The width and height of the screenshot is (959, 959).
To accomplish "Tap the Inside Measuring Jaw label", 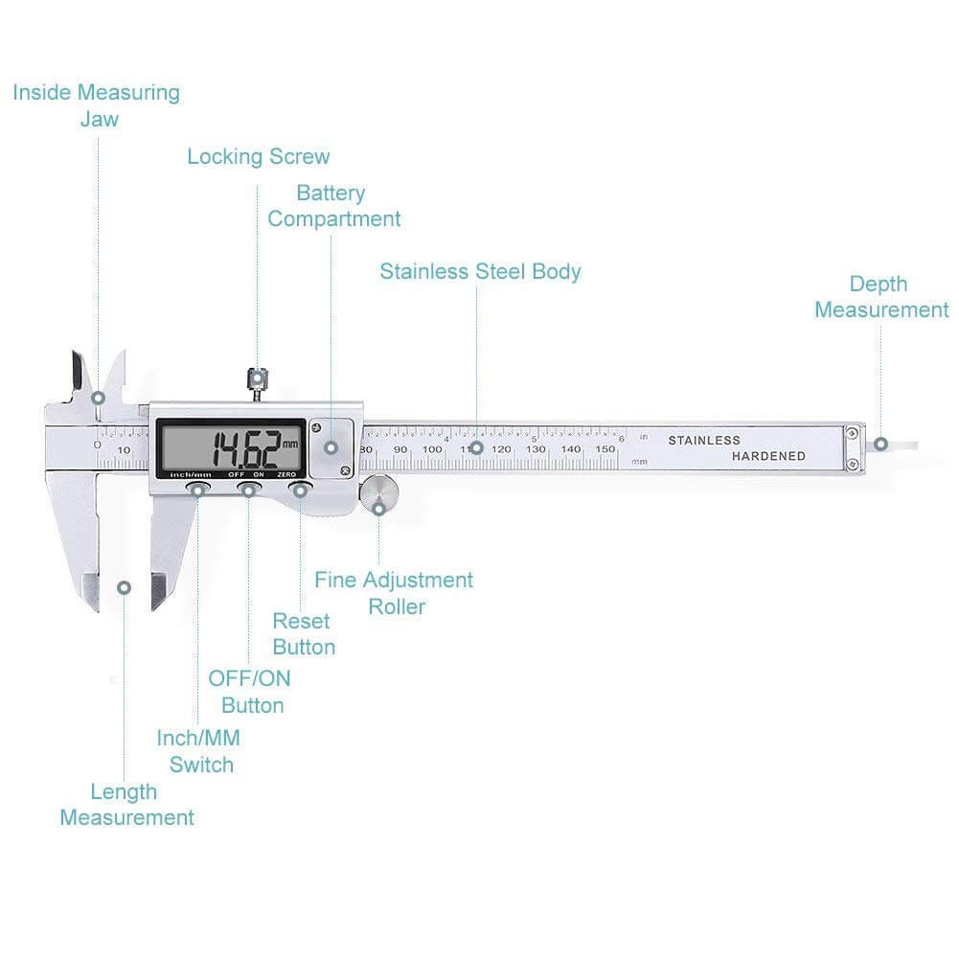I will click(96, 105).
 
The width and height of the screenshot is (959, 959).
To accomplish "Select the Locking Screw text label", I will click(258, 156).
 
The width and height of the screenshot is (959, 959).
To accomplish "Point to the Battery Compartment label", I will click(333, 206).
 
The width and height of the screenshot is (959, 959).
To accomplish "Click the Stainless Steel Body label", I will click(480, 271).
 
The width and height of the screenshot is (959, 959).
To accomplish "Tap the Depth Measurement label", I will click(880, 297).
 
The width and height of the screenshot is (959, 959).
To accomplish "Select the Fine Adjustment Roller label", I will click(394, 593).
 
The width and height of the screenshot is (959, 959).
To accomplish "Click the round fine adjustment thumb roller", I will click(379, 494).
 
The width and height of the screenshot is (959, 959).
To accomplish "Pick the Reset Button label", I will click(303, 634).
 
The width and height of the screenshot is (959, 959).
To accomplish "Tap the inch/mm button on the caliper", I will click(198, 491).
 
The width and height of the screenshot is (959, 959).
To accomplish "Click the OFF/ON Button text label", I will click(250, 692).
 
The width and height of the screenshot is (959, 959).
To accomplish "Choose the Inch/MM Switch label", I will click(199, 751).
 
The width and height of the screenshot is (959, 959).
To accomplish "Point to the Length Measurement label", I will click(126, 805).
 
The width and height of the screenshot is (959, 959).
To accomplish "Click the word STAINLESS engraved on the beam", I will click(704, 441).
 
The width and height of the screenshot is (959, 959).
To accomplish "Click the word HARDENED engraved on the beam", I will click(768, 456).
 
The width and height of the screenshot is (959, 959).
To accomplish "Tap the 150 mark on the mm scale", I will click(605, 448).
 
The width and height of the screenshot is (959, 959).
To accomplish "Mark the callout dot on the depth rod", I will click(879, 445).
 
